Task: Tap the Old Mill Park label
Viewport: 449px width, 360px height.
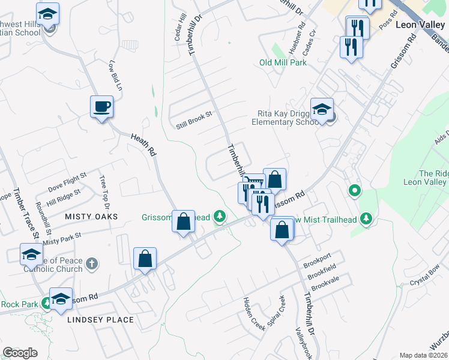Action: (283, 62)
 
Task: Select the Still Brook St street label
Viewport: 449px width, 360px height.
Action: (194, 120)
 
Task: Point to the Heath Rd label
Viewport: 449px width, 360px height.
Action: (143, 146)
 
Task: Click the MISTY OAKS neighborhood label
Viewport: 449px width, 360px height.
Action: (92, 216)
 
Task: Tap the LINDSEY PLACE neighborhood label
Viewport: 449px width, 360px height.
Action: (101, 320)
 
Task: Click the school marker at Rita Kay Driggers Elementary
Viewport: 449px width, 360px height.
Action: (322, 110)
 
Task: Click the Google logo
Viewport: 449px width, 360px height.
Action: (20, 353)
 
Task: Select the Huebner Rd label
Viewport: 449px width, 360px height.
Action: (301, 38)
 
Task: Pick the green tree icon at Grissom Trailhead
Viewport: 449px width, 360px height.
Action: (220, 217)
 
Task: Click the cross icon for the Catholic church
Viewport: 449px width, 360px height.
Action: (91, 263)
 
